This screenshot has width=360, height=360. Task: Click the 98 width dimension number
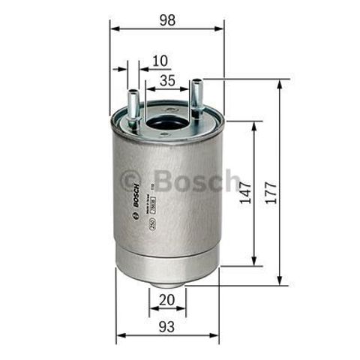click(x=167, y=20)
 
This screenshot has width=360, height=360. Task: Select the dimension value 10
click(x=159, y=59)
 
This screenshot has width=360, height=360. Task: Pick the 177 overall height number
click(x=271, y=192)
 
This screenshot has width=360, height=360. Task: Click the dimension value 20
click(x=167, y=299)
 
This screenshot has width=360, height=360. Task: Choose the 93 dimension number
click(x=167, y=327)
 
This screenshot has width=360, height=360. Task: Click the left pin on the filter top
click(x=132, y=105)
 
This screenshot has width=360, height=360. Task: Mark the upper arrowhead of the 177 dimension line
click(x=280, y=83)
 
